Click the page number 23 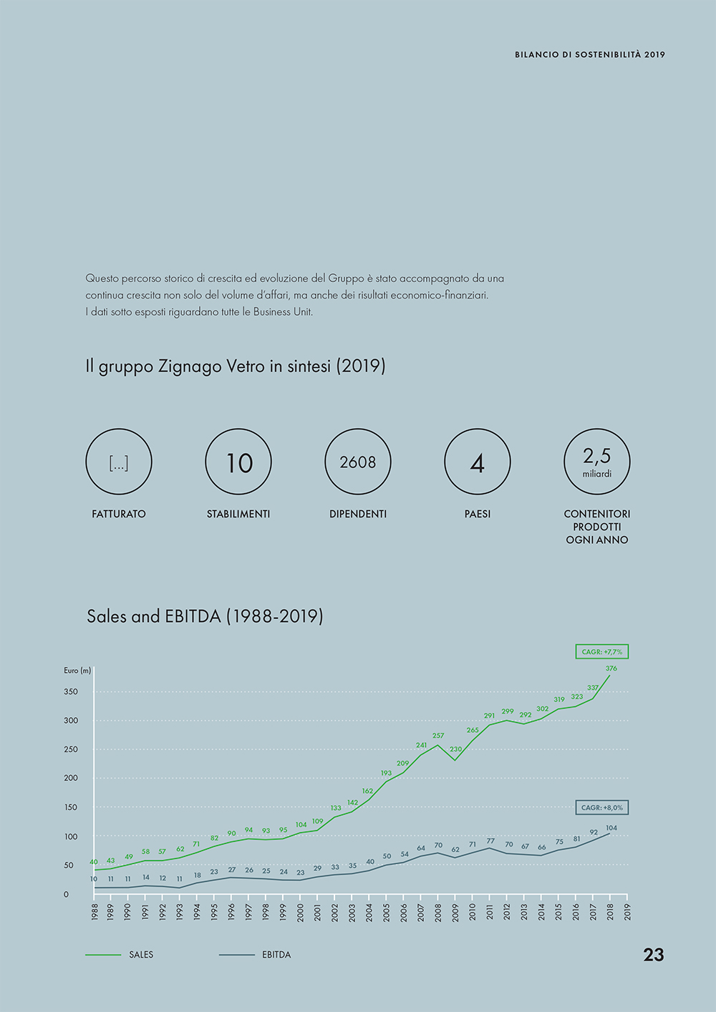(x=653, y=955)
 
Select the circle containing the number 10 (x=238, y=462)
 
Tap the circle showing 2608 (x=358, y=462)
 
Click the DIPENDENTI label (x=358, y=514)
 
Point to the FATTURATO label (x=119, y=514)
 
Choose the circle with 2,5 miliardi (x=597, y=462)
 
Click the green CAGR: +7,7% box (x=601, y=652)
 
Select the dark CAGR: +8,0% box (x=601, y=807)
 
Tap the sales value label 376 (x=611, y=668)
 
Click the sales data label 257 (x=438, y=736)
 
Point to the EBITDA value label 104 (x=611, y=828)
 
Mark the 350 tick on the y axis (x=71, y=692)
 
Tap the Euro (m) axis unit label (x=77, y=671)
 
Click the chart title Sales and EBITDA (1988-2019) (x=205, y=616)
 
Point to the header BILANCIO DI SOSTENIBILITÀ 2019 (x=589, y=54)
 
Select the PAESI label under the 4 (x=478, y=514)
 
